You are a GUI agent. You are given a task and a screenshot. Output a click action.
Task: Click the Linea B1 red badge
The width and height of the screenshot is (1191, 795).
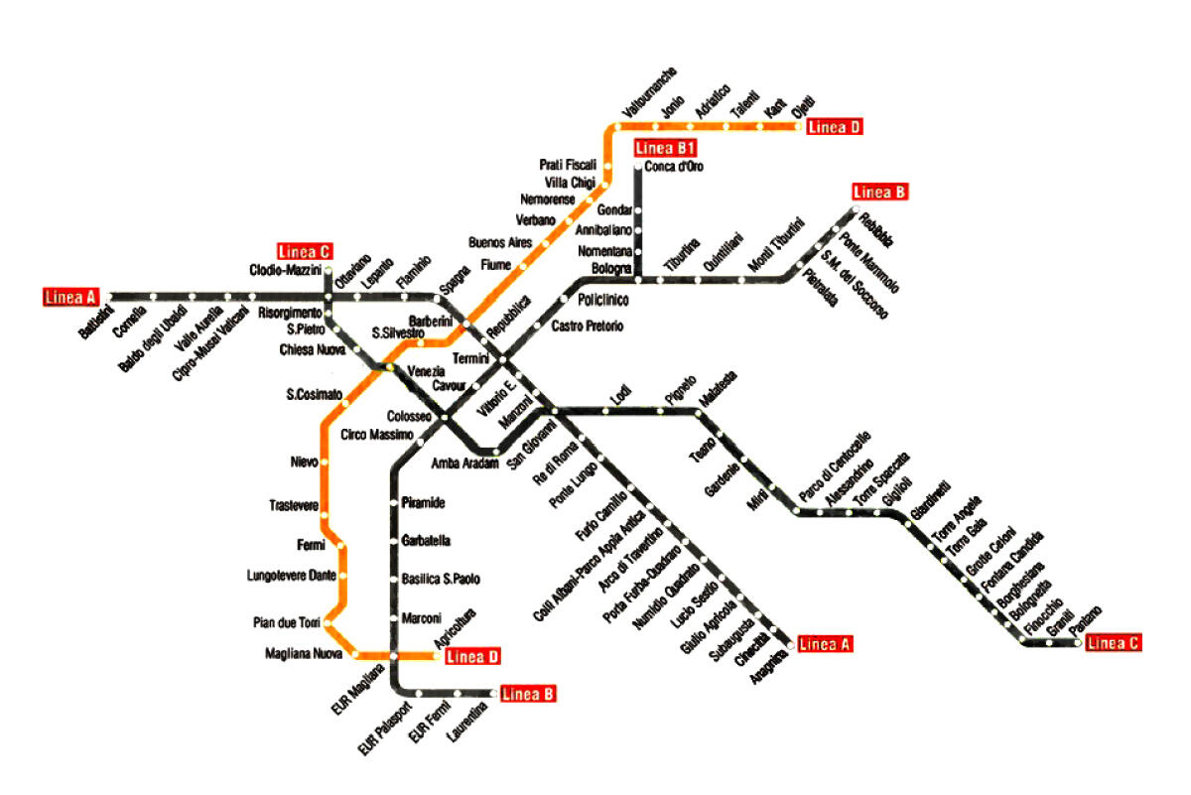point(664,149)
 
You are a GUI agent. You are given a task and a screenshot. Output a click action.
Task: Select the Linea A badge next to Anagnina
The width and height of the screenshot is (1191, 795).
point(824,643)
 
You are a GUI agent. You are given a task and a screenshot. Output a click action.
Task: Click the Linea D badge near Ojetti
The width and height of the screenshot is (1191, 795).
point(834,126)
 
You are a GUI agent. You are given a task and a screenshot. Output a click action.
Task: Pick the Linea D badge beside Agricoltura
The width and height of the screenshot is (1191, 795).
point(471,656)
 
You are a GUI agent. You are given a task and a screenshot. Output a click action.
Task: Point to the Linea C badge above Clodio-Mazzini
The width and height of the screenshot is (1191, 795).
point(303,250)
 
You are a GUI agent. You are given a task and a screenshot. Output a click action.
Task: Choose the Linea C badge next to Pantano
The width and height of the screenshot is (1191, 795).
point(1113,643)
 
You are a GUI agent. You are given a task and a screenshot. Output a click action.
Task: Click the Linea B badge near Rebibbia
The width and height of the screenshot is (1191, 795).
point(880,192)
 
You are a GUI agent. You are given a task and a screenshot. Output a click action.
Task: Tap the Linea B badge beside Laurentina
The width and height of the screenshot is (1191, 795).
point(527,694)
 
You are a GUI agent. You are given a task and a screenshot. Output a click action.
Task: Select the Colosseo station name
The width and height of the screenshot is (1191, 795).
point(407,417)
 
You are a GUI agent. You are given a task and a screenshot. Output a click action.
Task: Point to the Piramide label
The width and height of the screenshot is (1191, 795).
point(424,503)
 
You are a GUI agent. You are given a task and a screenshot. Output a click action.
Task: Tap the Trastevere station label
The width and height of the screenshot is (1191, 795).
point(294,505)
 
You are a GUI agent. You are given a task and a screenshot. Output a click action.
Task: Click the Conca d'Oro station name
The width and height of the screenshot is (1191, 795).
point(674,167)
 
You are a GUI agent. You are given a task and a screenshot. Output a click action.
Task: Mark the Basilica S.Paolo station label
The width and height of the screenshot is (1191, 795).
point(441,579)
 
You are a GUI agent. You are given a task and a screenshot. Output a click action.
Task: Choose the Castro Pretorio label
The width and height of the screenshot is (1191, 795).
point(588,326)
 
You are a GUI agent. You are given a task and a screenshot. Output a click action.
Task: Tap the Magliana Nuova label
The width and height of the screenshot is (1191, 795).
point(304,653)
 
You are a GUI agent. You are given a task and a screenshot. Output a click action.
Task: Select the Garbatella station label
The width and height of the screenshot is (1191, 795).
point(428,541)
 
